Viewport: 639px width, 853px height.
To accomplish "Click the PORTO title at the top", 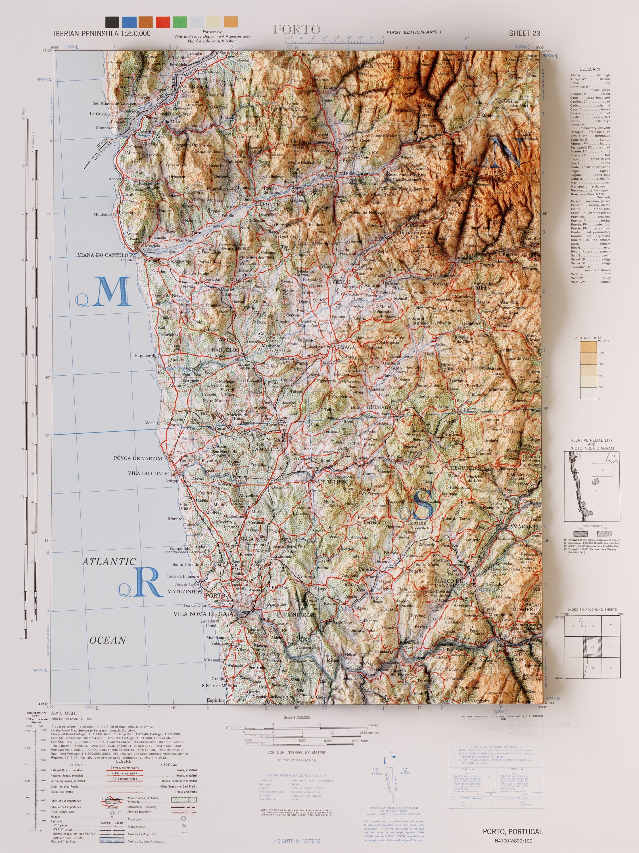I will click(x=296, y=29).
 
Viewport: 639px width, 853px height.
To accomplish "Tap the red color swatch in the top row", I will click(x=162, y=22).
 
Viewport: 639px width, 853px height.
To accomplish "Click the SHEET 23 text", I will click(x=524, y=34).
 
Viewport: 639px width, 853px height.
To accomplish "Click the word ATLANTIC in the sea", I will click(x=109, y=562).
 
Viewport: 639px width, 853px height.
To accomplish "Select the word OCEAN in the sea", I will click(x=108, y=640).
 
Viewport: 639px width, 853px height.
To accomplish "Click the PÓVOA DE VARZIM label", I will click(x=138, y=459).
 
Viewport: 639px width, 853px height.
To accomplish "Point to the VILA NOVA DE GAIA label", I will click(x=203, y=614).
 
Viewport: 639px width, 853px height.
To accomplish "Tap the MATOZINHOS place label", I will click(x=185, y=591).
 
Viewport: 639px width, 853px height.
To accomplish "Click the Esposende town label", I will click(x=145, y=355).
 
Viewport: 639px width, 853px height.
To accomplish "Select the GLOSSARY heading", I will click(x=590, y=69).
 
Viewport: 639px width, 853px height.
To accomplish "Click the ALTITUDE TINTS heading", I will click(x=588, y=338).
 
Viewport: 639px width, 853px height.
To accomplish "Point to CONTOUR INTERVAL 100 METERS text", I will click(x=296, y=752).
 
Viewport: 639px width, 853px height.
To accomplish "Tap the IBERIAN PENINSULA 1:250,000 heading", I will click(x=102, y=34).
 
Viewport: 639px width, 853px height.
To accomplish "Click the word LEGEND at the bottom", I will click(x=124, y=761).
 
